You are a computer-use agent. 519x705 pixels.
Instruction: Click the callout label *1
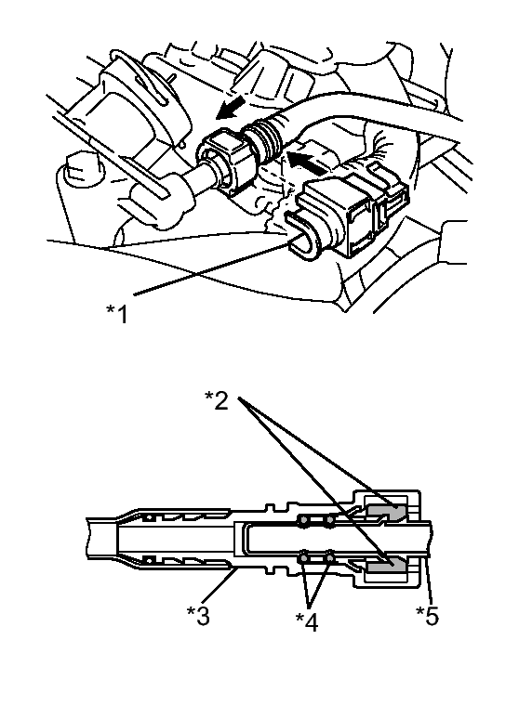[117, 314]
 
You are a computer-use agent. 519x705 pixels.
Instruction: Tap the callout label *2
[217, 400]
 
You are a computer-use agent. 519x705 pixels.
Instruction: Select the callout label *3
[198, 616]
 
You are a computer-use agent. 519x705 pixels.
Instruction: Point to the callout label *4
[307, 621]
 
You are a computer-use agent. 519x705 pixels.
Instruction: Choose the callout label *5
[427, 616]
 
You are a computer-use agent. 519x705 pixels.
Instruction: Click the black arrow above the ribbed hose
[231, 109]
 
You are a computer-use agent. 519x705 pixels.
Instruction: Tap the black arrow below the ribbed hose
[306, 163]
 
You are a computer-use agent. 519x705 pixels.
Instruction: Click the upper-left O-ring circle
[303, 522]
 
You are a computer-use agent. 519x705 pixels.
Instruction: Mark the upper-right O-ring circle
[330, 522]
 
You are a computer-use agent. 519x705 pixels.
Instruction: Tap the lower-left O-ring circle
[303, 558]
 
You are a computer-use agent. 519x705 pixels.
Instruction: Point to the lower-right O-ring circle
[330, 558]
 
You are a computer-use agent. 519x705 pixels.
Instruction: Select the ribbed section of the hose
[264, 137]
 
